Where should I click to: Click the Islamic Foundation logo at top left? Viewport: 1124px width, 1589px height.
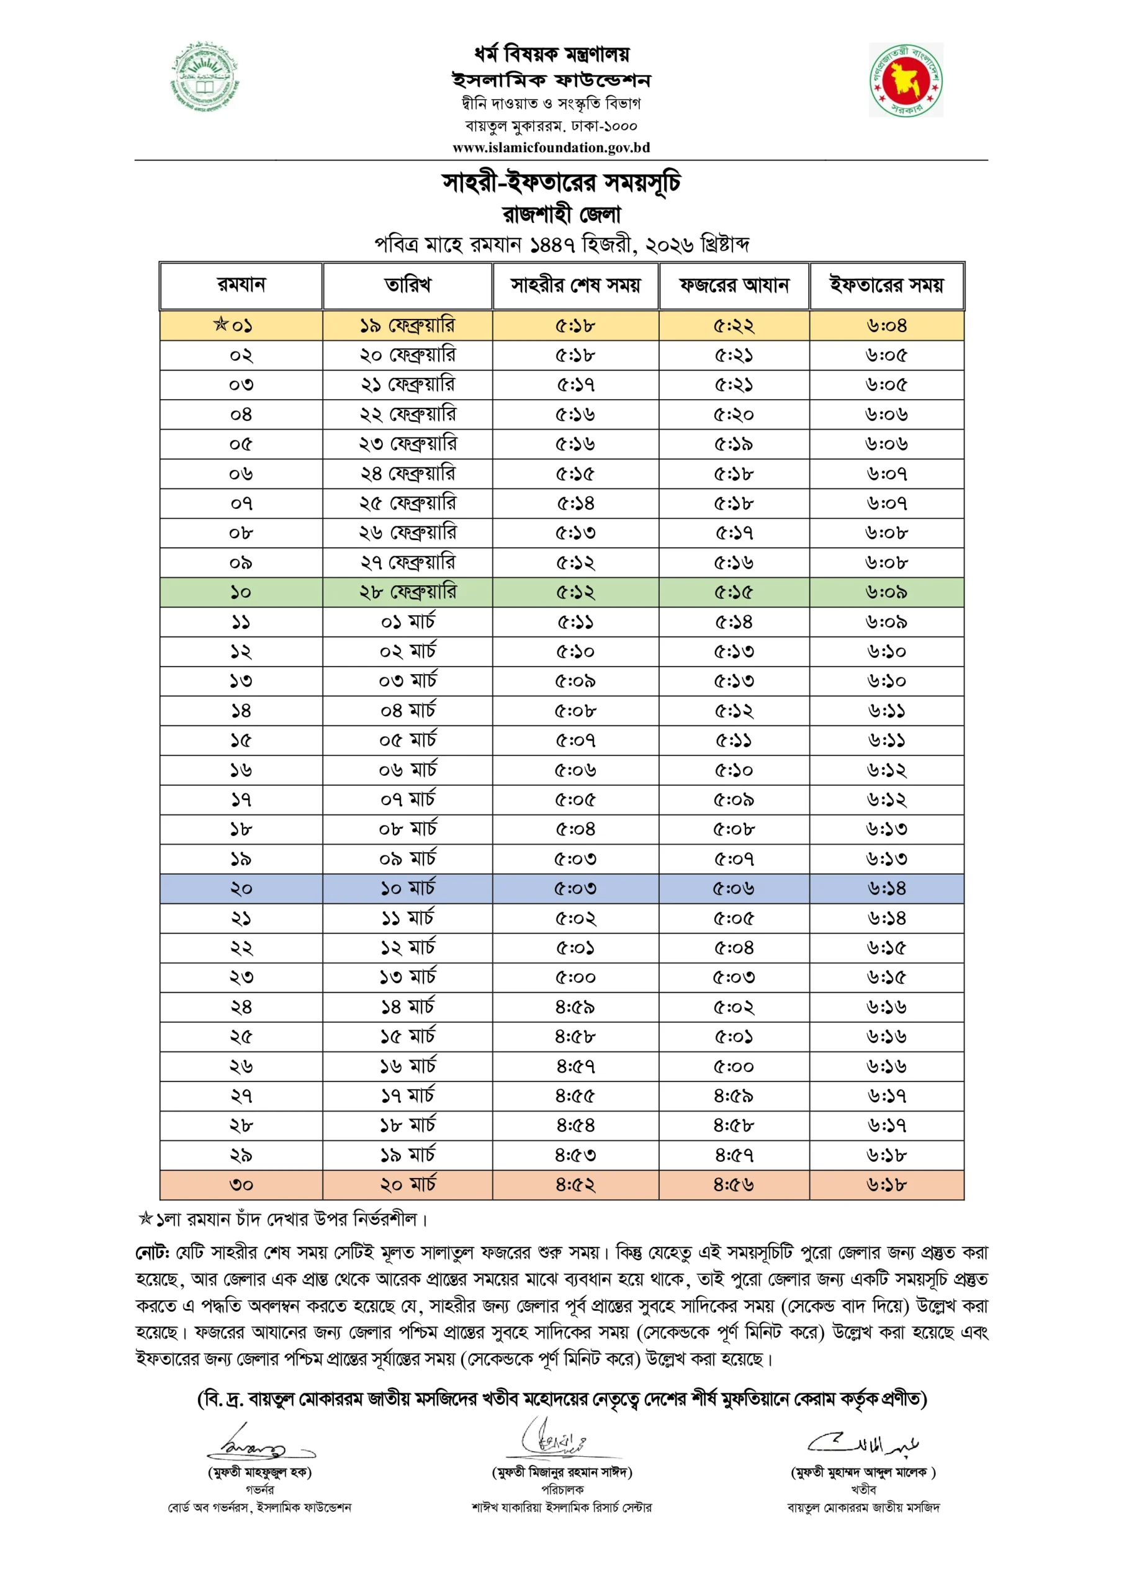204,76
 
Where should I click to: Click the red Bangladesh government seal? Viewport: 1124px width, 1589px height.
906,80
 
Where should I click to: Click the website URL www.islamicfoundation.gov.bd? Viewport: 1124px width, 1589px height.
551,147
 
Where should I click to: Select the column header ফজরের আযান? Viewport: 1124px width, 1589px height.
734,285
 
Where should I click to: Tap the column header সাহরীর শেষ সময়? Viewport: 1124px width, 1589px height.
575,285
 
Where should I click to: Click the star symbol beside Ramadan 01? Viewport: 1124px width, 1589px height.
221,323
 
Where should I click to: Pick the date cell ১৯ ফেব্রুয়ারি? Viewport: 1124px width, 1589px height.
407,325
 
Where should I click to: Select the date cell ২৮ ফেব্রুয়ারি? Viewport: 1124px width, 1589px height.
407,592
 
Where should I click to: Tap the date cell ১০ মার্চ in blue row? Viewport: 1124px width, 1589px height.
407,889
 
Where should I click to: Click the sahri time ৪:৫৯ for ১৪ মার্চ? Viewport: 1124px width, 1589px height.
575,1007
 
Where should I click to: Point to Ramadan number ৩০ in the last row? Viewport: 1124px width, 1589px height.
241,1185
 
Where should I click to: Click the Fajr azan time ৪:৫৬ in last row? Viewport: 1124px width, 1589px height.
734,1185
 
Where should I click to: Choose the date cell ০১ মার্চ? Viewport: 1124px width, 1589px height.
407,621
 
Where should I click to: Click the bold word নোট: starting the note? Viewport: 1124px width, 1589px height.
152,1253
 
